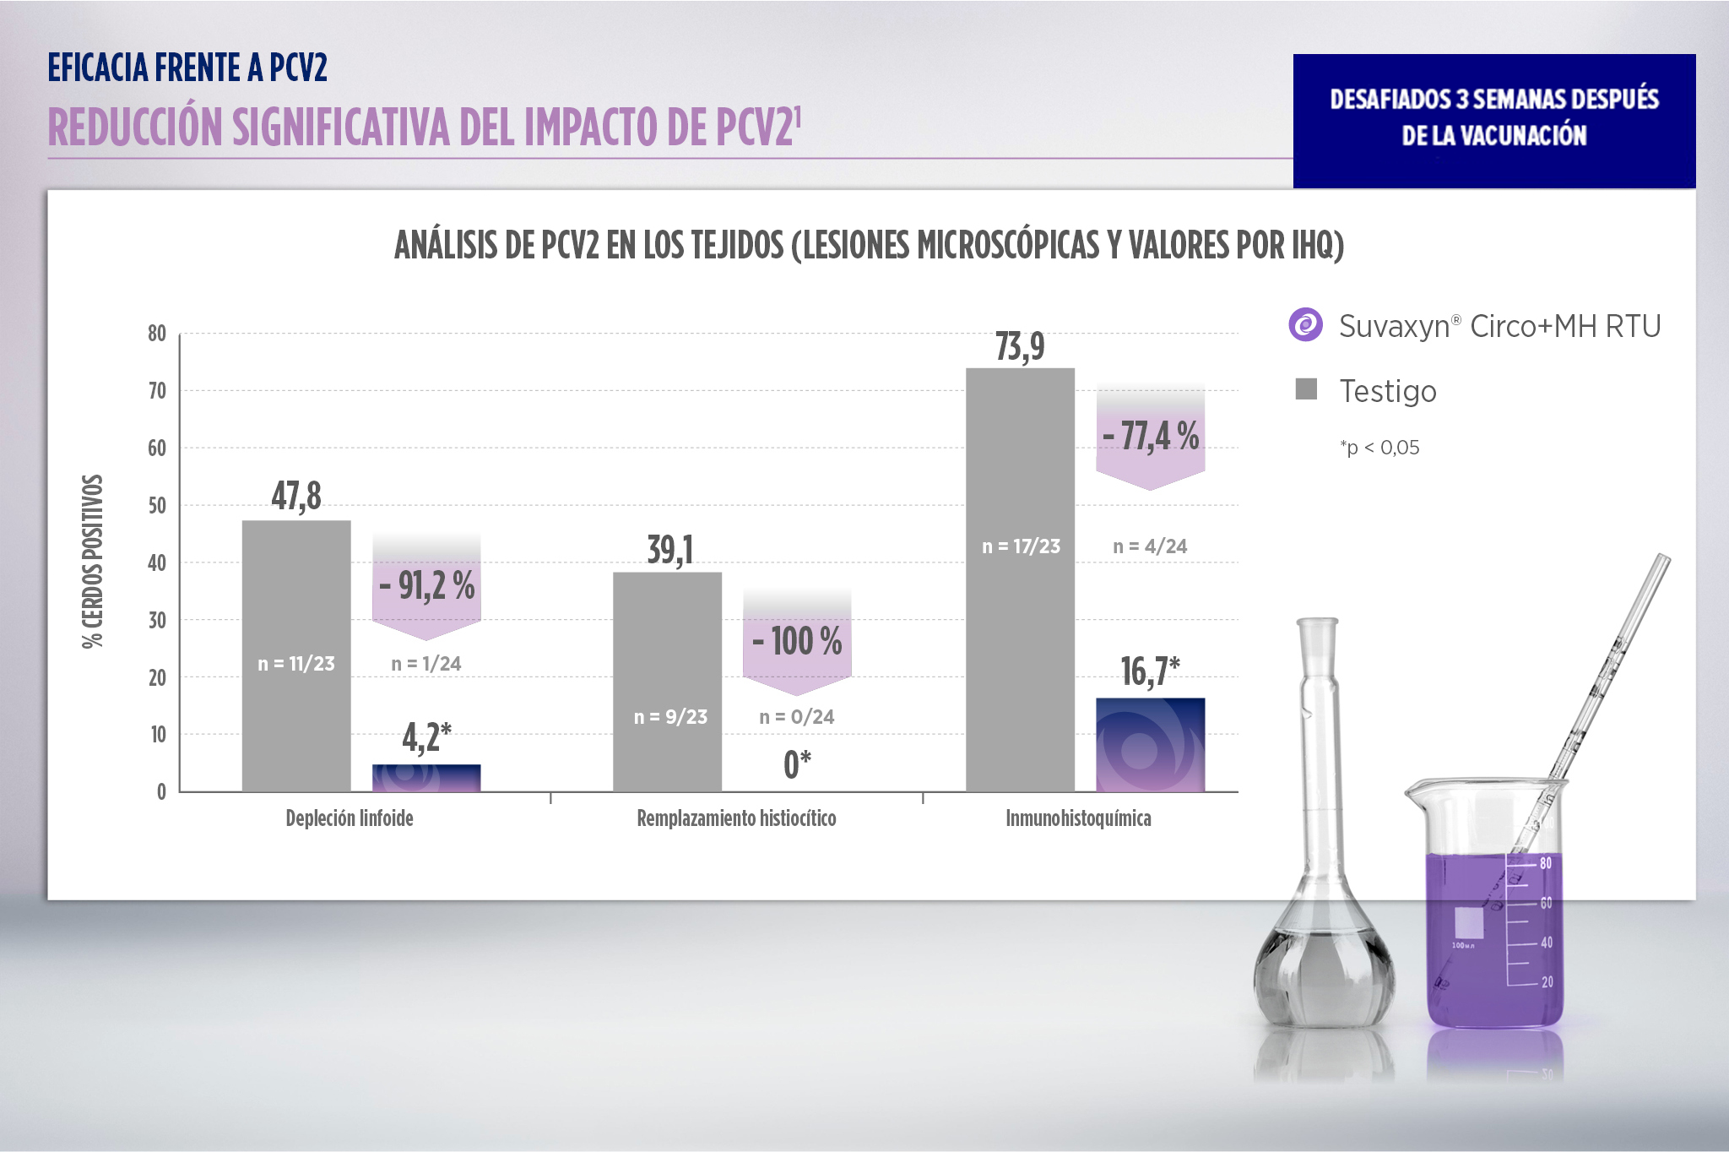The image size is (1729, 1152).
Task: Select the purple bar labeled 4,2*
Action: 426,778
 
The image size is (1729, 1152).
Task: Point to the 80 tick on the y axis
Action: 157,334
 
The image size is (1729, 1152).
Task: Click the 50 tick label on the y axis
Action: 157,505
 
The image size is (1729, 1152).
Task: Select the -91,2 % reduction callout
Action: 426,586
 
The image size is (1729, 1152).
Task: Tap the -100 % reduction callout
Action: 797,641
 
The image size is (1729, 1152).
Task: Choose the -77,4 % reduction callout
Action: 1150,437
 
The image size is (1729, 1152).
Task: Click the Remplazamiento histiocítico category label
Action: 736,818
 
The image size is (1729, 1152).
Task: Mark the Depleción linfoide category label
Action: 350,818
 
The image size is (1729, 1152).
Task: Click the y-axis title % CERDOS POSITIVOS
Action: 93,562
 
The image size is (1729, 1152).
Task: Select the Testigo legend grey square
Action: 1306,389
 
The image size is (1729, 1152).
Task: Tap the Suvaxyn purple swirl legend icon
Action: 1306,325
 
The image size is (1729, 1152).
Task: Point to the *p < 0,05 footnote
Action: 1379,448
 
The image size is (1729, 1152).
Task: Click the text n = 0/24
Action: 796,717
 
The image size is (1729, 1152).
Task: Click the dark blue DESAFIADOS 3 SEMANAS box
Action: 1493,121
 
